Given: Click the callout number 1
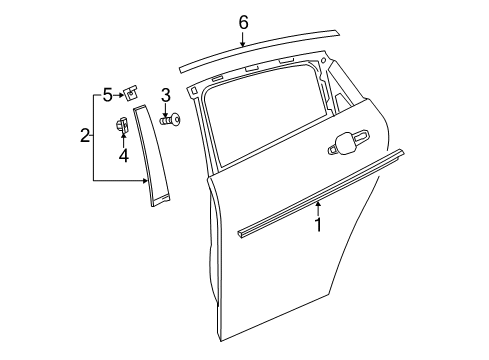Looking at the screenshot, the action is pyautogui.click(x=318, y=226).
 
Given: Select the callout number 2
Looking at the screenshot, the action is pyautogui.click(x=85, y=135).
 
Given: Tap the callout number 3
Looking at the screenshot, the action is pyautogui.click(x=166, y=96).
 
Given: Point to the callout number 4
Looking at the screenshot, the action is pyautogui.click(x=123, y=155).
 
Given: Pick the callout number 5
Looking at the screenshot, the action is pyautogui.click(x=108, y=95).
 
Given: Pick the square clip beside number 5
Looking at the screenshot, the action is pyautogui.click(x=131, y=93).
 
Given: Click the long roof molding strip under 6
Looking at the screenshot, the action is pyautogui.click(x=260, y=54).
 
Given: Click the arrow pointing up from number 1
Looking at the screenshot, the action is pyautogui.click(x=318, y=208).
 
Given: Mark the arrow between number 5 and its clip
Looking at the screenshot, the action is pyautogui.click(x=119, y=95).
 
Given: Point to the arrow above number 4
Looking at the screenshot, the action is pyautogui.click(x=123, y=140).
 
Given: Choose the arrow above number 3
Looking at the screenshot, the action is pyautogui.click(x=166, y=110).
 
